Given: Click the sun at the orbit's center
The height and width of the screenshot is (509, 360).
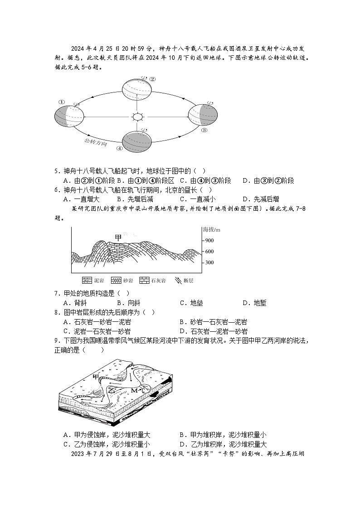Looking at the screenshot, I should [137, 117].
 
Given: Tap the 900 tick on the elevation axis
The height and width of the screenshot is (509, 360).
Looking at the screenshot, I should [209, 241].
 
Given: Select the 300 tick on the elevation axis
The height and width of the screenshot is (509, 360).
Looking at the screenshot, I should [209, 263].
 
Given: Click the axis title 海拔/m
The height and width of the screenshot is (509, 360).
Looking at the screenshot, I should [211, 230].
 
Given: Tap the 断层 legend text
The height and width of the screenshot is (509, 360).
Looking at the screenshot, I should [189, 281].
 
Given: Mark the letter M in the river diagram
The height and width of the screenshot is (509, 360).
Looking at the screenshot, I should [134, 390].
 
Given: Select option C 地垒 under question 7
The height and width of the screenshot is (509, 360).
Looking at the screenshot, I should [191, 303].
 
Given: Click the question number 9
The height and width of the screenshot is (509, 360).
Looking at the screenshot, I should [57, 341].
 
